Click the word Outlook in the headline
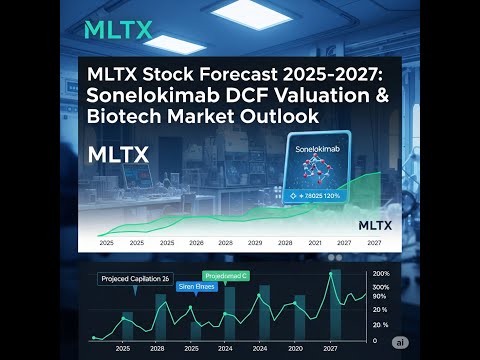pos(277,117)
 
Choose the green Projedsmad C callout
pos(226,275)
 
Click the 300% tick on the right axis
pos(381,286)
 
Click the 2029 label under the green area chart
pos(256,243)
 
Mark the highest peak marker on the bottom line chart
pos(331,273)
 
